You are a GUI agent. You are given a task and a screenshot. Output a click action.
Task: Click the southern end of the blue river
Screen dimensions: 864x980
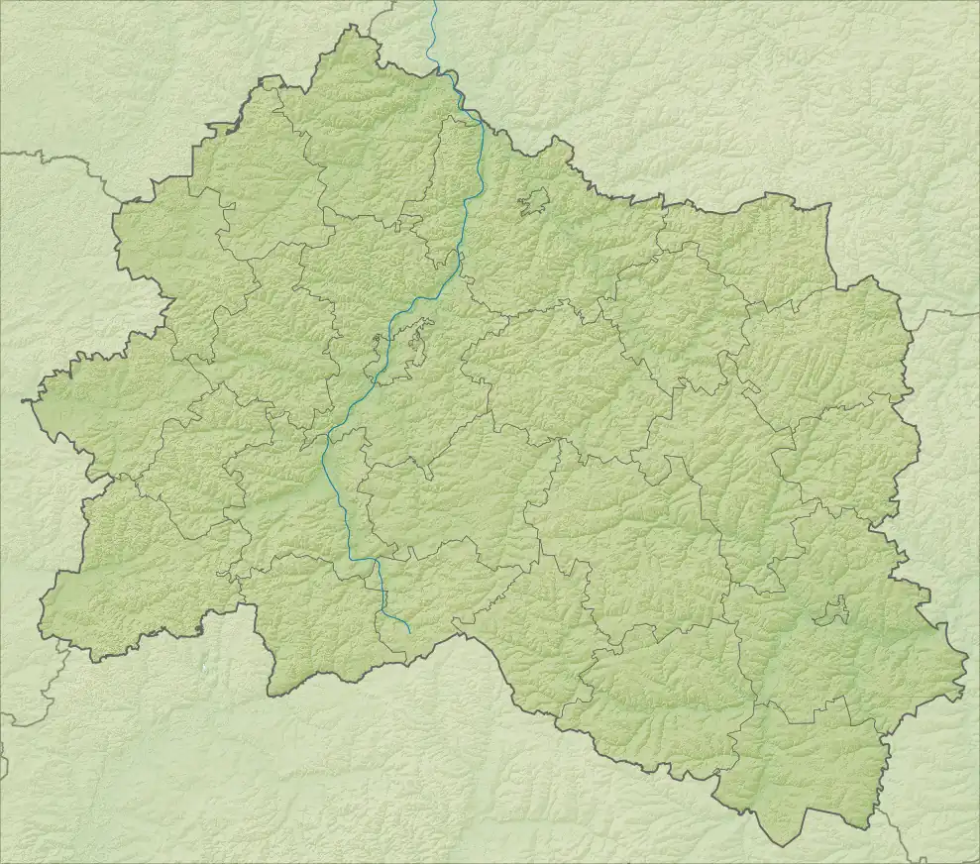(x=409, y=631)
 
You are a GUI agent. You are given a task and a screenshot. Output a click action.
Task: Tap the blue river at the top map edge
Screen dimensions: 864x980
(x=434, y=3)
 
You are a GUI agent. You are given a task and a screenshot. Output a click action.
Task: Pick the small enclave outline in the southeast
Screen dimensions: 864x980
(x=831, y=611)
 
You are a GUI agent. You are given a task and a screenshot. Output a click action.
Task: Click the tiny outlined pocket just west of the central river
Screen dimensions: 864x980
(x=377, y=344)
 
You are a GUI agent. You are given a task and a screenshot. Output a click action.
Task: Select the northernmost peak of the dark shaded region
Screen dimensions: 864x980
(x=349, y=27)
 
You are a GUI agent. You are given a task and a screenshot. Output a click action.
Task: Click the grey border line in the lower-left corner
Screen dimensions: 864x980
(x=40, y=694)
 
